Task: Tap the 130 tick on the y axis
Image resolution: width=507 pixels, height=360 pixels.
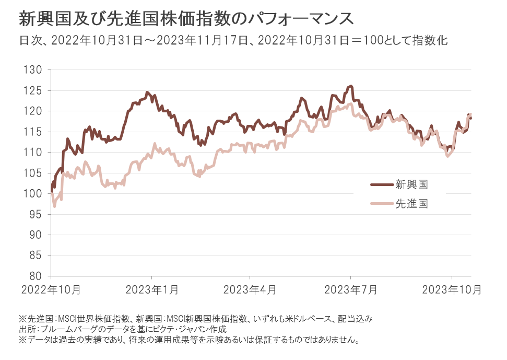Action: point(36,70)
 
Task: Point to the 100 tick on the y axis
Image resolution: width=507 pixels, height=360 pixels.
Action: point(36,194)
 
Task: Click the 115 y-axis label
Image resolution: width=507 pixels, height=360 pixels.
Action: point(36,132)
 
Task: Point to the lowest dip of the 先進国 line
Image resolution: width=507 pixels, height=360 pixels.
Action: point(54,206)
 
